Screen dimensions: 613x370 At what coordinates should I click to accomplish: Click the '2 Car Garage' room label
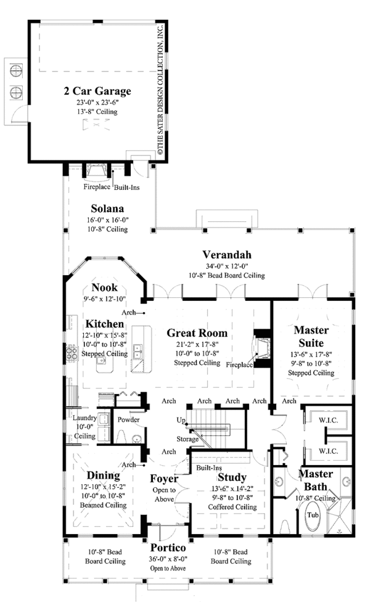click(x=97, y=91)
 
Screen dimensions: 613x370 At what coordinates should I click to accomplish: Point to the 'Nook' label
click(x=105, y=287)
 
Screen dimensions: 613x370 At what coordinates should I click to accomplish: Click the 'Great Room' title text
click(x=197, y=333)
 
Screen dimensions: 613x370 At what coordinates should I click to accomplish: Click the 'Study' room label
click(x=232, y=477)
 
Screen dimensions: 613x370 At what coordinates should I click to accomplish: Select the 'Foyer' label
click(x=164, y=478)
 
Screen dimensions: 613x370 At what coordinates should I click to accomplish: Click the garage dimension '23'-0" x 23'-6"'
click(x=97, y=102)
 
